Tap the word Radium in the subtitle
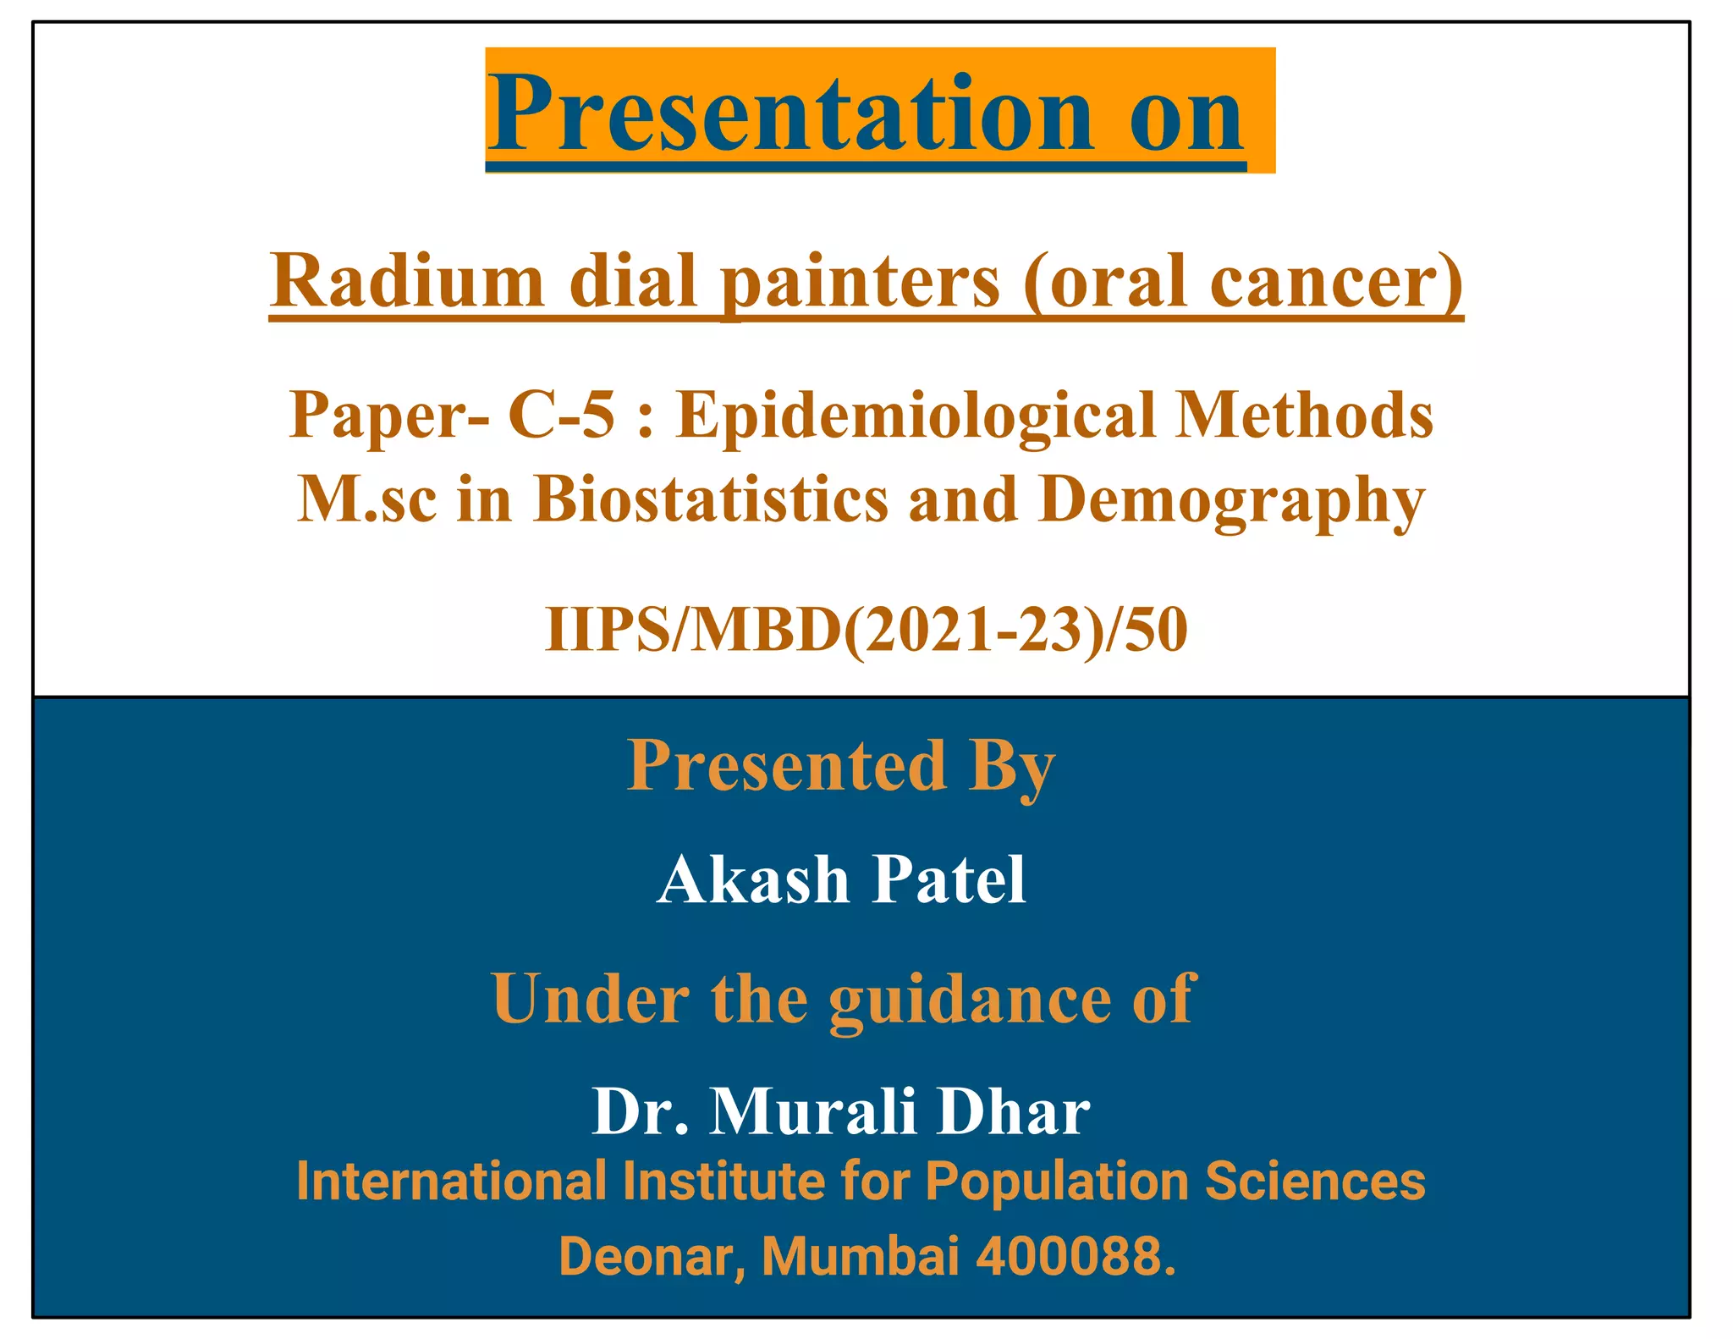click(407, 281)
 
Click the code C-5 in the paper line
click(561, 415)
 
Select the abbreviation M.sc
click(368, 499)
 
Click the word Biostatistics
click(711, 499)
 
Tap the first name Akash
click(752, 879)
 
